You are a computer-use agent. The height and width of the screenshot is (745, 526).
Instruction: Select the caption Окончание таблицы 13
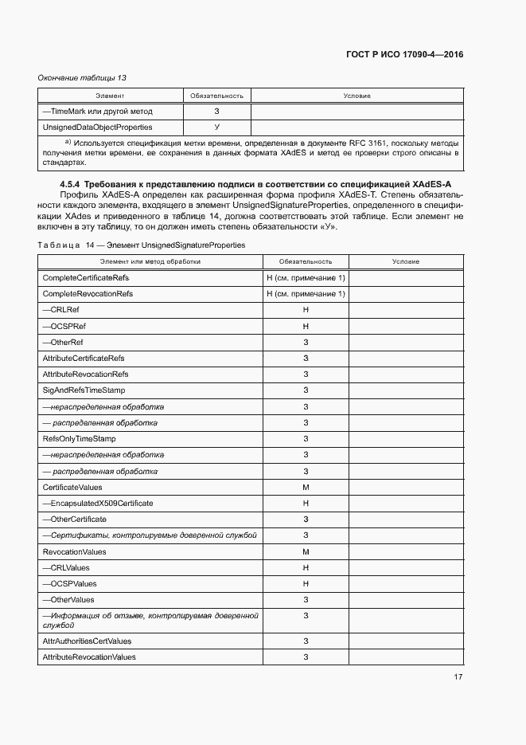coord(82,77)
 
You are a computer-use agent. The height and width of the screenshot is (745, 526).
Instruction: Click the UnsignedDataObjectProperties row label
coord(97,127)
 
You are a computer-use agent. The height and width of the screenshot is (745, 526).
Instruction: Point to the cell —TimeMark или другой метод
coord(97,112)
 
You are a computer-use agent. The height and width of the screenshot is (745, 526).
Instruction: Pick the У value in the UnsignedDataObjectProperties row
coord(216,127)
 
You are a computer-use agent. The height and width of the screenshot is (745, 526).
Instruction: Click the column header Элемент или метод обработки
coord(150,261)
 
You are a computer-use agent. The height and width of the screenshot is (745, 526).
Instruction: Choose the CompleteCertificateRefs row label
coord(86,278)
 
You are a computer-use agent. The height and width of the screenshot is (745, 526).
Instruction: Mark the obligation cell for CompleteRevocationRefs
coord(306,294)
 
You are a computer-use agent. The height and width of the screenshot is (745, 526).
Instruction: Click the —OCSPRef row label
coord(64,326)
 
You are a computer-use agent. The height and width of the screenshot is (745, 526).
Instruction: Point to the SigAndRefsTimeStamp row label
coord(84,390)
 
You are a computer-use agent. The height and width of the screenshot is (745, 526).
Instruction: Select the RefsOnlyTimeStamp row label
coord(79,438)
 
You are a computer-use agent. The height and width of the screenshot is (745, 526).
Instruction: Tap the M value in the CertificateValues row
coord(306,487)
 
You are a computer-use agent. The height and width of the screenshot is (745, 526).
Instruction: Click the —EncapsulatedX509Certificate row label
coord(97,503)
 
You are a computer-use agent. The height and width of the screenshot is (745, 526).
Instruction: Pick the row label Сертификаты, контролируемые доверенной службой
coord(149,535)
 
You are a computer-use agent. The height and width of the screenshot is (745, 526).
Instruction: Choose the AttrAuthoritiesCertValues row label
coord(87,641)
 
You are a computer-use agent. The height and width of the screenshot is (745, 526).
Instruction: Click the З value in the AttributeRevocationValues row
coord(306,657)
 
